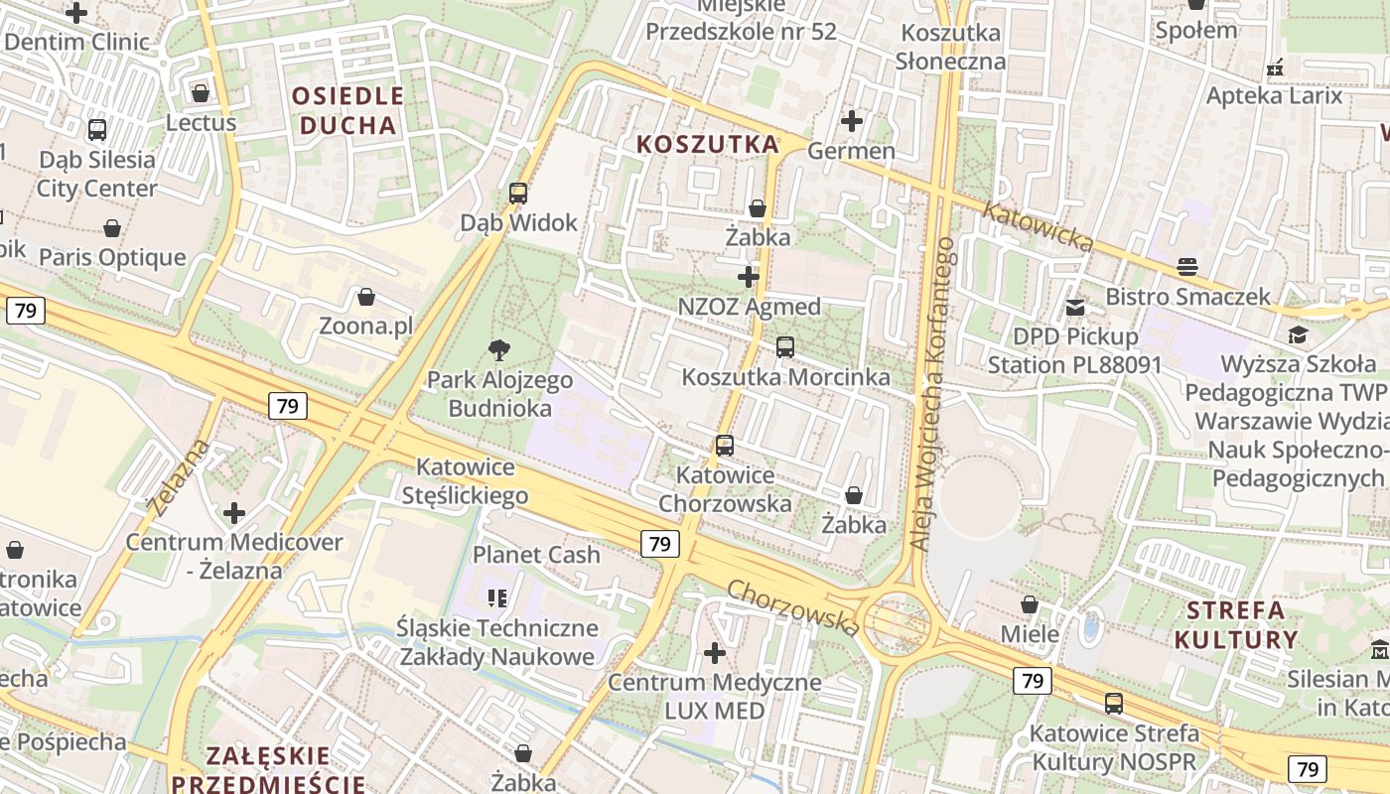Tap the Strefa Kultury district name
1235,623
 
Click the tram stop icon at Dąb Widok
517,194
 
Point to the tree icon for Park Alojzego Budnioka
499,348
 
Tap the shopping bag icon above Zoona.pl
366,297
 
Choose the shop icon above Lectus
201,93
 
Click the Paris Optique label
112,257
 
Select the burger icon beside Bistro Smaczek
1187,266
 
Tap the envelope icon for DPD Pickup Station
1074,308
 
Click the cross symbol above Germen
851,121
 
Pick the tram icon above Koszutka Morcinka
785,347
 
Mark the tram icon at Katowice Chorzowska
725,446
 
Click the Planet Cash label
536,554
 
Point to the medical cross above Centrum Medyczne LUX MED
714,653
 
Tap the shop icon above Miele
1030,603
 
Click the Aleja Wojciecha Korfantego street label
932,394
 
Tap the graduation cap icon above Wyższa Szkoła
1297,334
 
